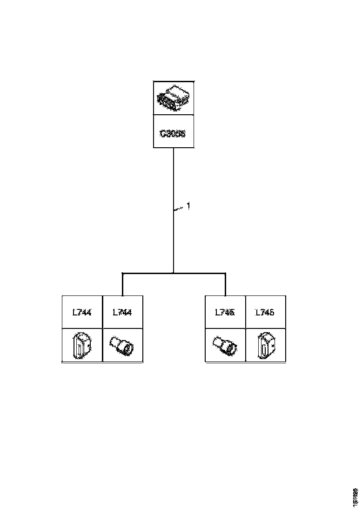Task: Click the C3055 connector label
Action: click(x=173, y=134)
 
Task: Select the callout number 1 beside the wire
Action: click(x=188, y=206)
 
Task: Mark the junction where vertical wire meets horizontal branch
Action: click(x=174, y=273)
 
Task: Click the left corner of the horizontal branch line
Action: click(x=122, y=274)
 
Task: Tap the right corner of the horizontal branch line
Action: click(x=225, y=274)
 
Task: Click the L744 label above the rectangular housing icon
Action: click(x=82, y=312)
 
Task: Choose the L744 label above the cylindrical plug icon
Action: click(x=122, y=312)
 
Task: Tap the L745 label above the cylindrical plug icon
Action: click(x=225, y=312)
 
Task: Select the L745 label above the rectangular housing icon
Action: click(x=265, y=312)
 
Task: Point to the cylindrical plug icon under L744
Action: click(x=122, y=346)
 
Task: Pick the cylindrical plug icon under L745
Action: click(x=225, y=346)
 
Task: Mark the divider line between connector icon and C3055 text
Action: click(x=174, y=116)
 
